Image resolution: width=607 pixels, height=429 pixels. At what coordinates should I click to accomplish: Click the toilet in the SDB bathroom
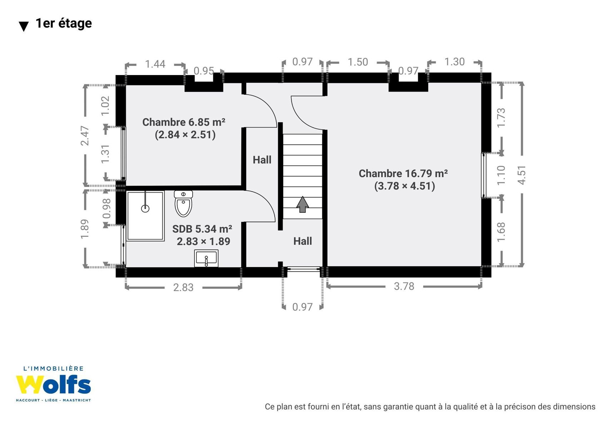(x=183, y=203)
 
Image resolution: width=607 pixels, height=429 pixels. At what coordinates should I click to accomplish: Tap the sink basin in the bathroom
(x=206, y=258)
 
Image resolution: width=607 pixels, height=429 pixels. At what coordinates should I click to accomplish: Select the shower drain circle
(x=145, y=208)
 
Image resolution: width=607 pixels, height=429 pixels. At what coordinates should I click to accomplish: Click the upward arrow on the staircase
(x=302, y=204)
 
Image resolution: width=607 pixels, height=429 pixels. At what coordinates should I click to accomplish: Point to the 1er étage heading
(x=64, y=23)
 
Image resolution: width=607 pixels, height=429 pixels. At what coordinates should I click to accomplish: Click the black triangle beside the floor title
(x=24, y=26)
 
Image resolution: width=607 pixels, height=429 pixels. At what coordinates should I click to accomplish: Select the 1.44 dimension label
(x=155, y=64)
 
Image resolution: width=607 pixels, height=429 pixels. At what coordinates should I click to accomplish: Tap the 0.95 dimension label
(x=204, y=71)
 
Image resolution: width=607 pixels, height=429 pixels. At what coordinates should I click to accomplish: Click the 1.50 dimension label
(x=358, y=62)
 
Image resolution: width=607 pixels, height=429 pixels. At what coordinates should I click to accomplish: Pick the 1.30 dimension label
(x=454, y=62)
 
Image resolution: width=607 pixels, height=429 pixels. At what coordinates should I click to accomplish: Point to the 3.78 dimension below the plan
(x=404, y=286)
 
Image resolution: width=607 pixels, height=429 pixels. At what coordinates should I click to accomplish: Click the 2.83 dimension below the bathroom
(x=183, y=287)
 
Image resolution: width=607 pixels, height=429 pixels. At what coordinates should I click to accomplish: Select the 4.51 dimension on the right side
(x=522, y=175)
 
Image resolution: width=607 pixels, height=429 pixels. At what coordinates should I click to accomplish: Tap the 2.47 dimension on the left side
(x=85, y=135)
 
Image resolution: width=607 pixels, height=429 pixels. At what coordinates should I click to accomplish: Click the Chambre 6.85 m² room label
(x=184, y=122)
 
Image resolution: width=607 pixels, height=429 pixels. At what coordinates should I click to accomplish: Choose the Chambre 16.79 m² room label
(x=403, y=173)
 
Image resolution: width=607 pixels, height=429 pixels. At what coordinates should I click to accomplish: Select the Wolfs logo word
(x=53, y=384)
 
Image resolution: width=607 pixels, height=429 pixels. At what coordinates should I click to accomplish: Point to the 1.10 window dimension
(x=501, y=176)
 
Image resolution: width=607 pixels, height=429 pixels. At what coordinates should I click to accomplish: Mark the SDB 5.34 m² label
(x=202, y=229)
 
